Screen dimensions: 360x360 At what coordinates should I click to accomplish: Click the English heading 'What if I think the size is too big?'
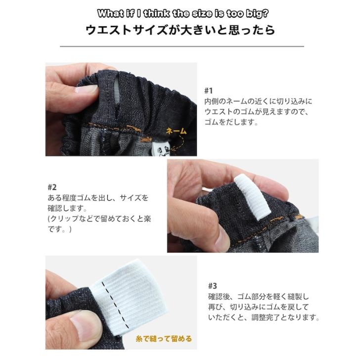[180, 13]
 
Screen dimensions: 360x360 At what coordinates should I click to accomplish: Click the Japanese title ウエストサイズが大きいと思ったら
[180, 30]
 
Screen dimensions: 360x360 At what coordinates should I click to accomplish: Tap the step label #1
[208, 90]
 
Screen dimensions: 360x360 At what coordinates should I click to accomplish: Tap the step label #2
[52, 187]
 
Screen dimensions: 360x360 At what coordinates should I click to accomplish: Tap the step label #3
[212, 286]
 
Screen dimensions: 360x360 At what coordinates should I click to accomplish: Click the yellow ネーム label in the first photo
[176, 131]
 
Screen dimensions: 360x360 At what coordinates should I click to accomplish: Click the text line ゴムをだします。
[231, 122]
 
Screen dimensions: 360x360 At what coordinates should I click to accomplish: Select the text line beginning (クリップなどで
[94, 218]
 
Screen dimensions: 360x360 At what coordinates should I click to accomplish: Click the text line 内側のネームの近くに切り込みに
[258, 101]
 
